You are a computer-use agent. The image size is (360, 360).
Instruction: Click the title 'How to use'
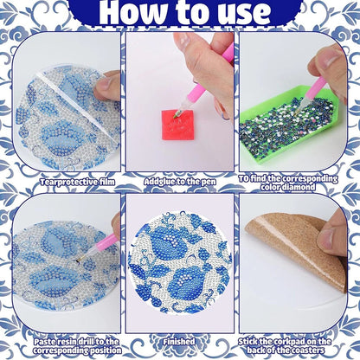(179, 14)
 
